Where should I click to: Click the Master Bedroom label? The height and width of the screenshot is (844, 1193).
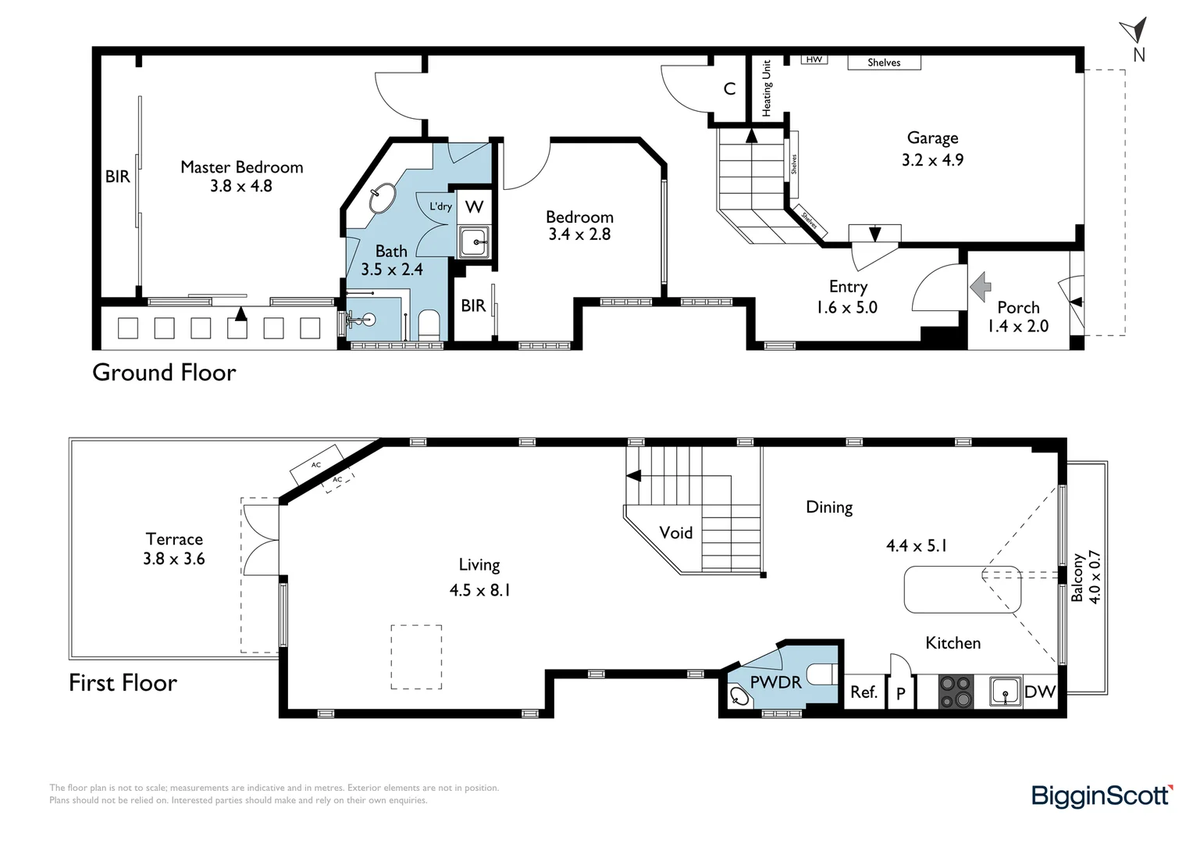click(x=242, y=167)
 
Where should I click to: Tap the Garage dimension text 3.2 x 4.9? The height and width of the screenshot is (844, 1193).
click(x=932, y=160)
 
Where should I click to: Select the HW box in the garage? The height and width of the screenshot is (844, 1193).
click(x=814, y=59)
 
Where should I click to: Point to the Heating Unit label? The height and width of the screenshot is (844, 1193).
click(x=767, y=88)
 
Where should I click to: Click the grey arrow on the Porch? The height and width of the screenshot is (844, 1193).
click(x=980, y=287)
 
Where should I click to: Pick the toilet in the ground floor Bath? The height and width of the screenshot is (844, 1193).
click(x=429, y=324)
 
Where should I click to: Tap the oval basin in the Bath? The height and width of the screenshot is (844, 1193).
click(x=383, y=198)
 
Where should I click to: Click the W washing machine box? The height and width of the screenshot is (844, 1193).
click(x=474, y=206)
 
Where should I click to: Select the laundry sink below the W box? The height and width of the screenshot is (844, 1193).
click(x=474, y=242)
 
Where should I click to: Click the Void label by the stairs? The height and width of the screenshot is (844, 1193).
click(x=676, y=533)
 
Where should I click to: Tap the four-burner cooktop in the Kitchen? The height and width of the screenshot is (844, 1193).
click(x=956, y=692)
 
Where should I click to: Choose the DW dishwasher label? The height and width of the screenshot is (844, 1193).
click(x=1040, y=692)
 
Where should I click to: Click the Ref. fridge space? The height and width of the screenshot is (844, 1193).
click(x=864, y=692)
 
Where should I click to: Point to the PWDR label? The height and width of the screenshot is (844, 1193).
click(x=775, y=682)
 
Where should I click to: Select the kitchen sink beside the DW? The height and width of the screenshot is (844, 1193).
click(x=1006, y=692)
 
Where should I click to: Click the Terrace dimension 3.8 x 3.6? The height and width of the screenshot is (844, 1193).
click(x=173, y=559)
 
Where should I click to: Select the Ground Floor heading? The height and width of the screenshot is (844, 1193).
click(x=164, y=372)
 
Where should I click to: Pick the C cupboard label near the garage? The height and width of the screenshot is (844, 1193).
click(x=730, y=88)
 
